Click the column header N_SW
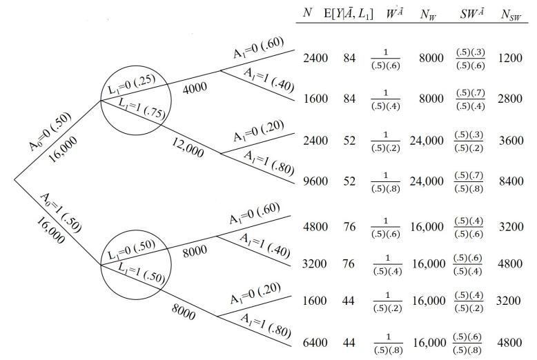point(511,14)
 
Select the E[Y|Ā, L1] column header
point(349,14)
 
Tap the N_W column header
point(428,14)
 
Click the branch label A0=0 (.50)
point(50,132)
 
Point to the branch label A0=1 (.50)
point(61,212)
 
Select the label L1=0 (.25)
point(132,84)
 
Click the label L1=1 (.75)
point(141,108)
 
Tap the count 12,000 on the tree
point(188,148)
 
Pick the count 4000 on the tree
point(195,88)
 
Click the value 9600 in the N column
point(315,181)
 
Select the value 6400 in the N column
point(315,342)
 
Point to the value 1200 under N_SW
point(510,58)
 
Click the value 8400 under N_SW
point(511,181)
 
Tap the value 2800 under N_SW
point(510,99)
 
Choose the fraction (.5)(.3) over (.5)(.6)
point(471,59)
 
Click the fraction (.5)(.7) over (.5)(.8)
point(469,182)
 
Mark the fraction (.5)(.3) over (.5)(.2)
point(469,141)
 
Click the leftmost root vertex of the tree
point(14,179)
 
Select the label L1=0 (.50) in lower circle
point(132,250)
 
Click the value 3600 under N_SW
point(511,141)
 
